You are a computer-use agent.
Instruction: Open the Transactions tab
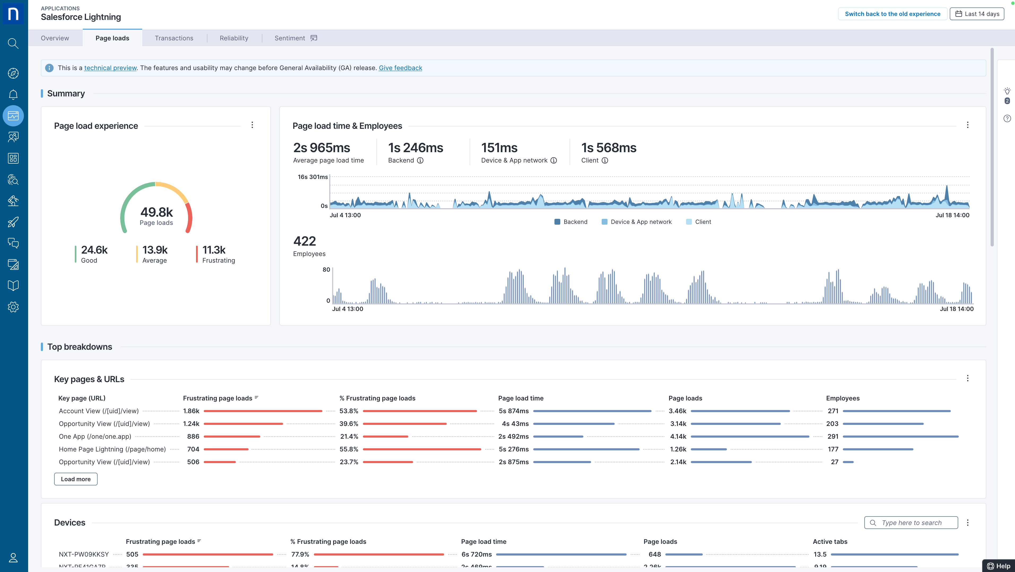174,38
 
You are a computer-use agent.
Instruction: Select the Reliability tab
234,38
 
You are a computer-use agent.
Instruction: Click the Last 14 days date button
977,14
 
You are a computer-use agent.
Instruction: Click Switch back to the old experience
892,14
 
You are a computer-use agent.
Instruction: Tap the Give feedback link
400,68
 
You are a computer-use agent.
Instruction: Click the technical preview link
110,68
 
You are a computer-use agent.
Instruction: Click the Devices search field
911,523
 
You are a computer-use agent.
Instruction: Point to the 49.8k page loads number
157,212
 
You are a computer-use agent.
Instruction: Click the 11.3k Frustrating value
214,250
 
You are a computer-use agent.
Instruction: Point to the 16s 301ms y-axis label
313,177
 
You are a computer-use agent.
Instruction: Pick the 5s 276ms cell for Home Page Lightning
513,449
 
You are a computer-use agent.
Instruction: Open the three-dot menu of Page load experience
252,125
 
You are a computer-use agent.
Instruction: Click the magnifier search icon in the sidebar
13,43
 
